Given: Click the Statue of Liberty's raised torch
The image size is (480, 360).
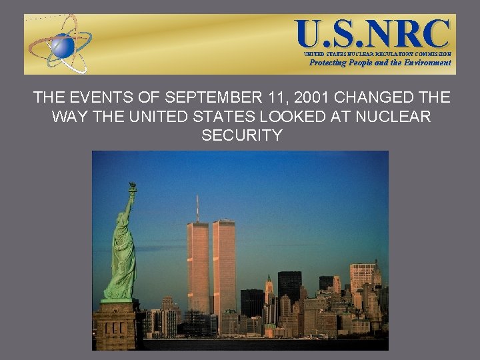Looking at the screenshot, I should coord(133,187).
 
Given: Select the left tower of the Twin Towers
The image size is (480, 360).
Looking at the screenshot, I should coord(197,267).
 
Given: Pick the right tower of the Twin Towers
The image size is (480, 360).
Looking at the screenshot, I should coord(224,267).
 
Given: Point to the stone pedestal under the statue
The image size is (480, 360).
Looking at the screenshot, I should coord(114,327).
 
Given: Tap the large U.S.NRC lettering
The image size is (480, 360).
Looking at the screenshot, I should coord(373,32).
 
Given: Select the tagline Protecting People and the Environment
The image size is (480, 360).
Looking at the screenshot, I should coord(380,63).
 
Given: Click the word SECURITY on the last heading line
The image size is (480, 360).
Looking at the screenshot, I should coord(241,136).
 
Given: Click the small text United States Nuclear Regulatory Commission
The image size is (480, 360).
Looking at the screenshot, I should coord(377,53).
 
